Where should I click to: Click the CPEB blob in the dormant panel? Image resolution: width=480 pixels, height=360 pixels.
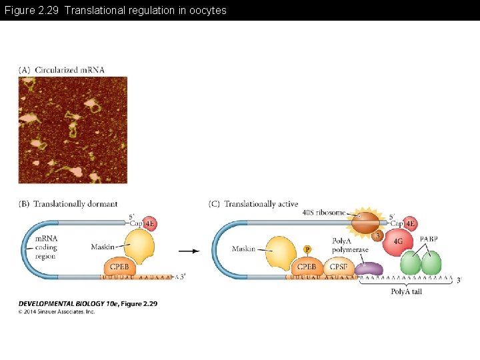119,267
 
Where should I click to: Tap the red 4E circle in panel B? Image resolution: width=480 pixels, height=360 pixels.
150,223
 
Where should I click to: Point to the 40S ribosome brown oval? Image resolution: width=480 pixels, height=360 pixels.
365,222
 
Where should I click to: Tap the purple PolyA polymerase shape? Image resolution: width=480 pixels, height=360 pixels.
369,269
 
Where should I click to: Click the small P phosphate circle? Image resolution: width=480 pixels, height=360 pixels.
307,249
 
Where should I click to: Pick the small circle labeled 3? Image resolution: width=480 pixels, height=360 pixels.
377,235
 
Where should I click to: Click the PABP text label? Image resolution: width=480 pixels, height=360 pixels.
429,239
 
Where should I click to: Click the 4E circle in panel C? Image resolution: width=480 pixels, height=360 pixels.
411,223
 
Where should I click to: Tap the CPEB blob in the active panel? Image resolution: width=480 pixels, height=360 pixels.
306,267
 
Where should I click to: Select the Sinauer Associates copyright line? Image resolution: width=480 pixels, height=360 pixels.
57,311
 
